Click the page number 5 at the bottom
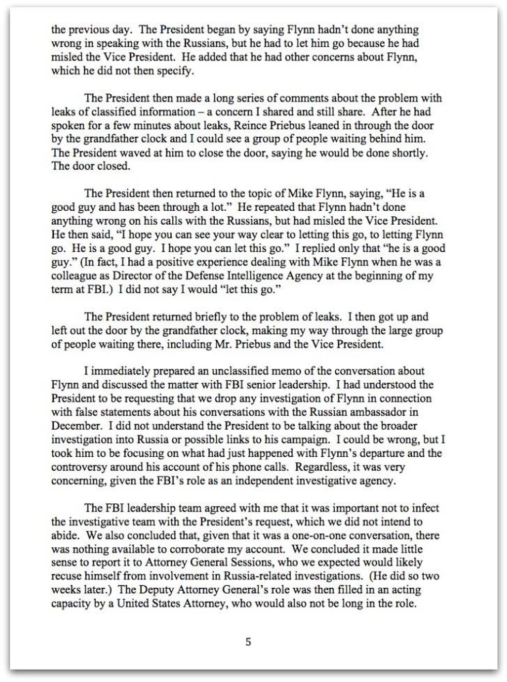[248, 642]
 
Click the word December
[76, 426]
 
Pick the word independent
[267, 481]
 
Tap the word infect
[427, 508]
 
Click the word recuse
[66, 576]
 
